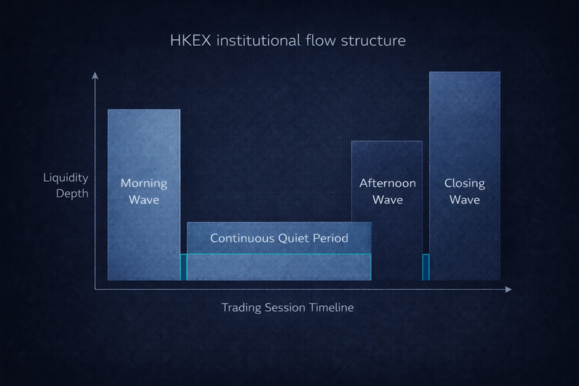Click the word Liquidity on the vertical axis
pyautogui.click(x=66, y=178)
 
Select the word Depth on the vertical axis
pyautogui.click(x=72, y=194)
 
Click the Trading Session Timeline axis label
pyautogui.click(x=287, y=307)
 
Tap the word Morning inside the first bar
pyautogui.click(x=144, y=184)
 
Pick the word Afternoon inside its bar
pyautogui.click(x=387, y=183)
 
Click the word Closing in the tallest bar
pyautogui.click(x=464, y=183)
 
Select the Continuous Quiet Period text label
pyautogui.click(x=279, y=238)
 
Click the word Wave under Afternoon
pyautogui.click(x=387, y=199)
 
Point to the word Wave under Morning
pyautogui.click(x=144, y=200)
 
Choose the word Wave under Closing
pyautogui.click(x=464, y=199)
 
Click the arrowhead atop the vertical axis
pyautogui.click(x=95, y=75)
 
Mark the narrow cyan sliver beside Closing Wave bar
pyautogui.click(x=426, y=267)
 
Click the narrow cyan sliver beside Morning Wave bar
pyautogui.click(x=183, y=267)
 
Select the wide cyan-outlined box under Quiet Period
pyautogui.click(x=279, y=267)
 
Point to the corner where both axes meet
pyautogui.click(x=95, y=289)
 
